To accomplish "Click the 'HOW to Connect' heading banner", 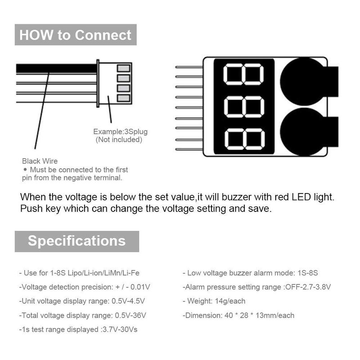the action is (x=76, y=35).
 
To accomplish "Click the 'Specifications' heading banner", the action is (x=77, y=241).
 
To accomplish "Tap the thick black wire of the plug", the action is (x=57, y=69).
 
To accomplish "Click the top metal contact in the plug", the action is (x=124, y=68).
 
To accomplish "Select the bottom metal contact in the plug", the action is (x=124, y=98).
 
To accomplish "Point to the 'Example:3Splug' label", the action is (x=120, y=131).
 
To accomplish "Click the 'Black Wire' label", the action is (x=40, y=161).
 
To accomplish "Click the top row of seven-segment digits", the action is (x=243, y=74).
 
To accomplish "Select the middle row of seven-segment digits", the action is (x=244, y=107).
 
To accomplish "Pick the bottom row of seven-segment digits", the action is (x=244, y=139).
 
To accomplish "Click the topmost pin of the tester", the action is (x=189, y=67).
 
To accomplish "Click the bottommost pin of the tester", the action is (x=189, y=149).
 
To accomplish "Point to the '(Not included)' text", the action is (x=119, y=139).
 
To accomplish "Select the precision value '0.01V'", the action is (x=140, y=287).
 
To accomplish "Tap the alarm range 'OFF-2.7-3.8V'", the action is (x=308, y=287).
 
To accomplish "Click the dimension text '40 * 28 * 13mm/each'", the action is (x=259, y=315).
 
